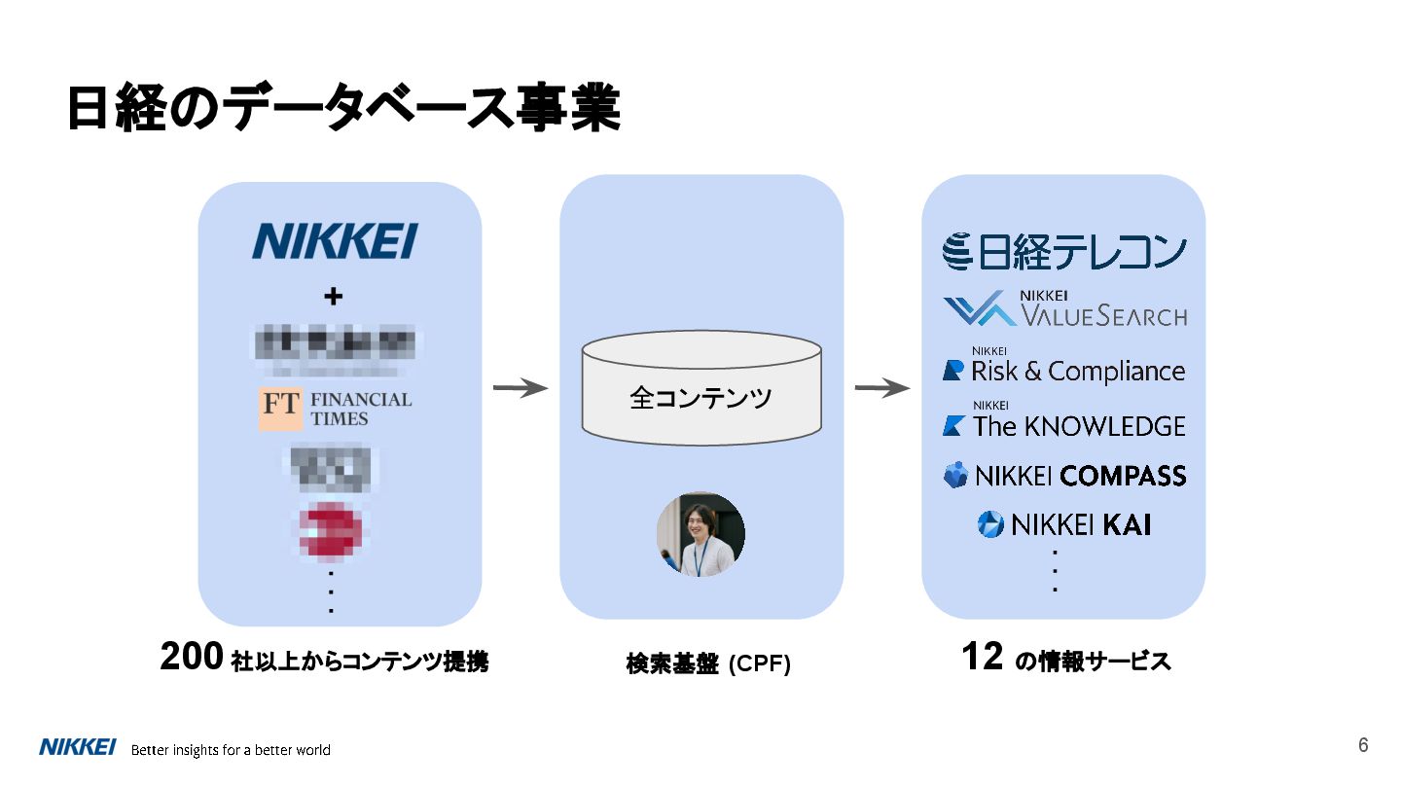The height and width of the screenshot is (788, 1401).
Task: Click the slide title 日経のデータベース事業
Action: click(x=342, y=108)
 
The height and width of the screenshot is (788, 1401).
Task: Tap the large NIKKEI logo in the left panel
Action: click(x=335, y=241)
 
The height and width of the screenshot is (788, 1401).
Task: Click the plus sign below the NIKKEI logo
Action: click(x=333, y=298)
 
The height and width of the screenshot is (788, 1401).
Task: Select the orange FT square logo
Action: click(x=280, y=410)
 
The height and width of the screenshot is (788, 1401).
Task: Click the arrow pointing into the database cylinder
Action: click(x=521, y=389)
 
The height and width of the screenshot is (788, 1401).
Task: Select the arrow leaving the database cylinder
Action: click(x=881, y=389)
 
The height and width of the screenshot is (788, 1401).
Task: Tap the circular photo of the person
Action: click(x=700, y=534)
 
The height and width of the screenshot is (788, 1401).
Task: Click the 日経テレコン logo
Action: click(x=1064, y=251)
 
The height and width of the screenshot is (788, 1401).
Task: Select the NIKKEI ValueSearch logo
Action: click(x=1064, y=309)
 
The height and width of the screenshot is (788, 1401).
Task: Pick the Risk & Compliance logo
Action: click(x=1064, y=370)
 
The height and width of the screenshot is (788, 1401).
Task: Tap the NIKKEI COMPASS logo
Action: click(x=1064, y=476)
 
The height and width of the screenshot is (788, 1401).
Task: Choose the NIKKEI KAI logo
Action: click(x=1064, y=525)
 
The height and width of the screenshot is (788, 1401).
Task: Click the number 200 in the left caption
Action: click(x=193, y=659)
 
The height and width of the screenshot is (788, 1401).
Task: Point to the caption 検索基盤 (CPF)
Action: click(x=708, y=664)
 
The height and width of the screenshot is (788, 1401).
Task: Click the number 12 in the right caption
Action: click(x=981, y=658)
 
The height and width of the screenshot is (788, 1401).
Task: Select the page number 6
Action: click(x=1363, y=746)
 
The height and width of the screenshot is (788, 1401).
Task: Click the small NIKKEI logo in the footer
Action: click(x=78, y=747)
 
